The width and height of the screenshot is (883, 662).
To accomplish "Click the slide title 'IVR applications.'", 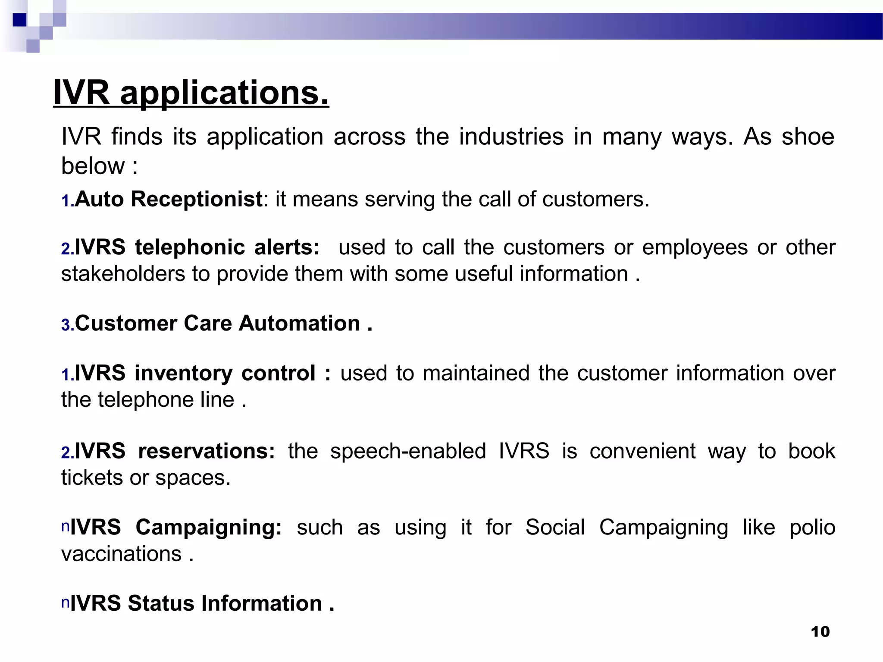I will tap(191, 93).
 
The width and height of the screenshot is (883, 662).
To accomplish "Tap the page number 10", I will tap(820, 632).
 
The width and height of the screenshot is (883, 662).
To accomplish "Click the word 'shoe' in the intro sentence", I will tap(808, 137).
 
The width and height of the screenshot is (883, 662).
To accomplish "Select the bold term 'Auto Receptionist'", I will tap(169, 200).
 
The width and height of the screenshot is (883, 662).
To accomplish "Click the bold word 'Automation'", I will tap(300, 323).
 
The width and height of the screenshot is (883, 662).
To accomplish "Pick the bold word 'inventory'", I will tap(183, 373).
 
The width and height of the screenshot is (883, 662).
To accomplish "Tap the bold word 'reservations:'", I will tap(206, 451).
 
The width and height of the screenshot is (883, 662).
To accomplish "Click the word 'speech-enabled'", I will tap(408, 451).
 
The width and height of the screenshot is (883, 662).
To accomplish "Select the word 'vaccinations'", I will tap(121, 554).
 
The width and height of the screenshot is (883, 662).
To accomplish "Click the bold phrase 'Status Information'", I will tap(225, 603).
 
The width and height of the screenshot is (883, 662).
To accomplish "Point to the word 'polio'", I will tap(812, 528).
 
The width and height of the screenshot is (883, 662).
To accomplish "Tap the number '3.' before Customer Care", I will tap(68, 325).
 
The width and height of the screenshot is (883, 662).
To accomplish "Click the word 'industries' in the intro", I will tap(511, 137).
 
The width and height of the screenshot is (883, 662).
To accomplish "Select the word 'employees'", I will tap(695, 248).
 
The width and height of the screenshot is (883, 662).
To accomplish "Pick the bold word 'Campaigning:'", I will tap(209, 528).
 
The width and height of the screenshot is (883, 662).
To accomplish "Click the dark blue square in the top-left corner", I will tap(19, 20).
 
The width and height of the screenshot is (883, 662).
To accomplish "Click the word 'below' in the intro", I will tap(93, 166).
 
